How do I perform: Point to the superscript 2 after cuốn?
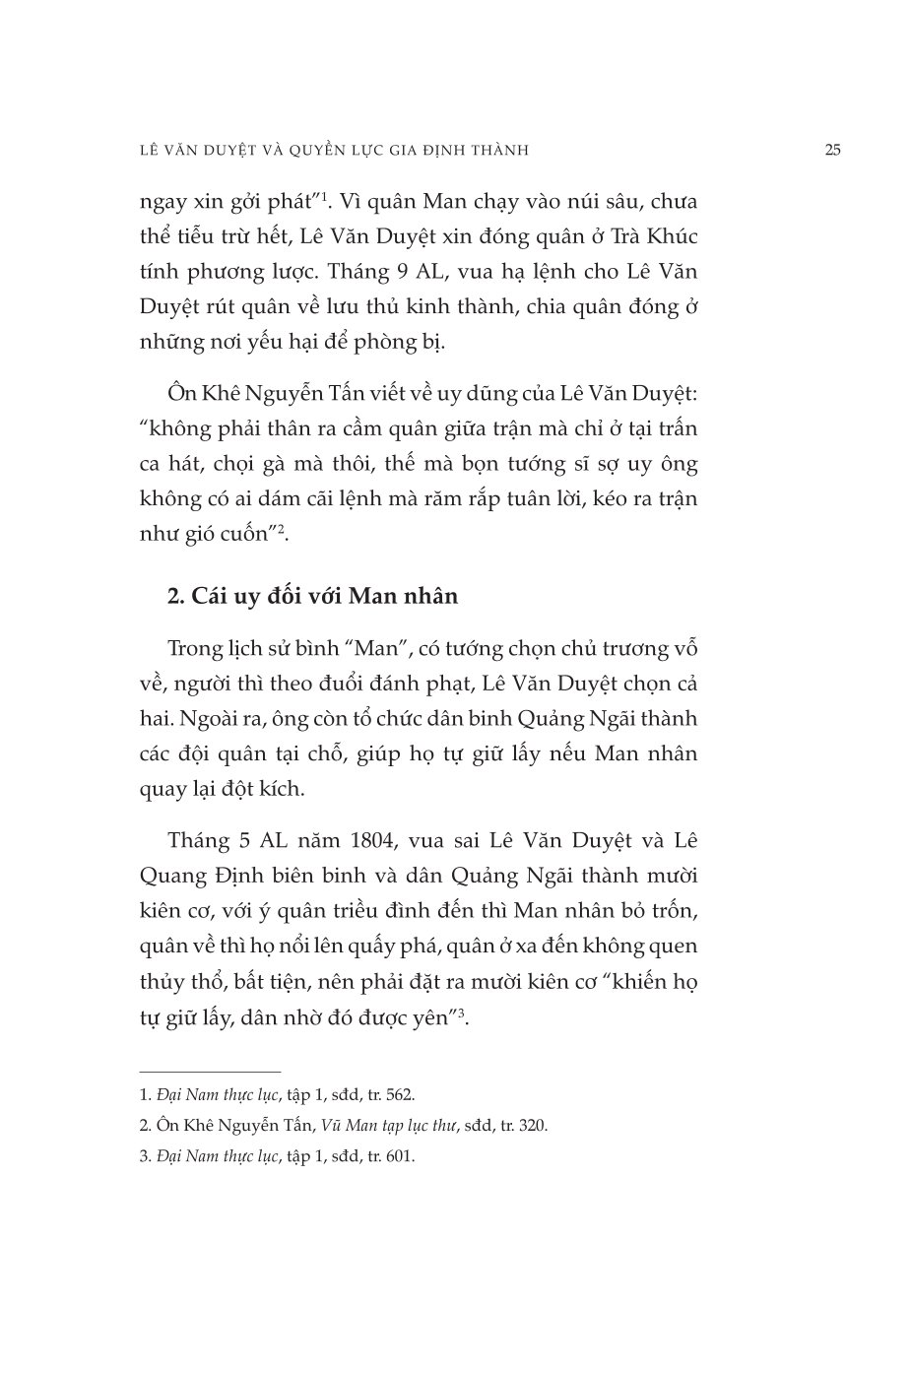(282, 530)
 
